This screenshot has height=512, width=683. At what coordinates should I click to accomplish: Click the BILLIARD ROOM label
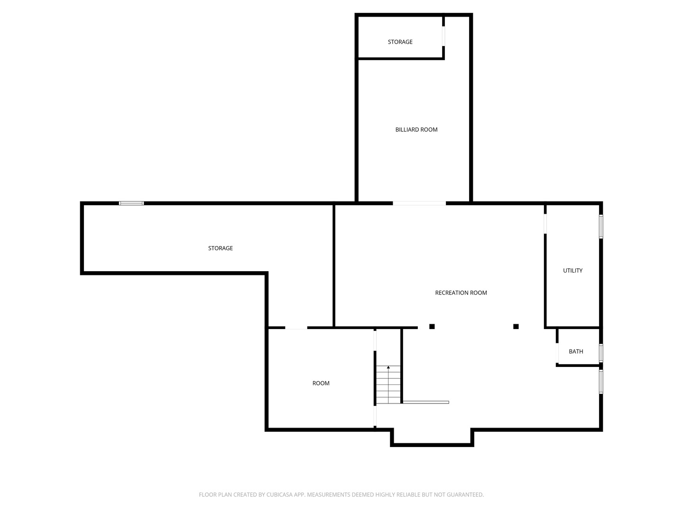tap(416, 129)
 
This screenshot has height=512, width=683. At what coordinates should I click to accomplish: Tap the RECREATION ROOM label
tap(461, 293)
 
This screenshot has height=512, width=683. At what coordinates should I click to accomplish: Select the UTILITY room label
tap(572, 270)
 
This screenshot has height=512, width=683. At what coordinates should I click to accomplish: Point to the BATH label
tap(576, 351)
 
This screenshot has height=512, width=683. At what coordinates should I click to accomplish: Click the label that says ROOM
tap(321, 383)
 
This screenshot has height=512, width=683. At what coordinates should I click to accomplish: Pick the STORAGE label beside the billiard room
tap(400, 42)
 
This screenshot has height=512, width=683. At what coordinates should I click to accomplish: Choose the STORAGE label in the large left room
tap(220, 248)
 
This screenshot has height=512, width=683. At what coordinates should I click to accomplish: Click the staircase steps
tap(388, 385)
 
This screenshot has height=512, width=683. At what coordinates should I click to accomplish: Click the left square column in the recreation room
tap(432, 327)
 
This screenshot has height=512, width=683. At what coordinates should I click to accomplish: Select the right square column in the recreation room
tap(516, 327)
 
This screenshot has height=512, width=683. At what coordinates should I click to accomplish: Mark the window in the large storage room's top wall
tap(131, 203)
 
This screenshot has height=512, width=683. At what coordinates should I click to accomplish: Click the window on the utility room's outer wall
tap(601, 227)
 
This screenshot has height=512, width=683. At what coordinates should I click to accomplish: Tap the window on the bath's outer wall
tap(601, 353)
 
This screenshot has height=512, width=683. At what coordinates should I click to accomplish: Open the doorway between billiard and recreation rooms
tap(419, 203)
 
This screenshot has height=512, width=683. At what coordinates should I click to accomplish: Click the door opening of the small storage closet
tap(443, 37)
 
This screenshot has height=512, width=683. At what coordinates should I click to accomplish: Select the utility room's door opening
tap(545, 223)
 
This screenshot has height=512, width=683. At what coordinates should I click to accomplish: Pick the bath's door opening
tap(557, 353)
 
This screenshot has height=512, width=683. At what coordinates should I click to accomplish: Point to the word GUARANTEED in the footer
tap(465, 494)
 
